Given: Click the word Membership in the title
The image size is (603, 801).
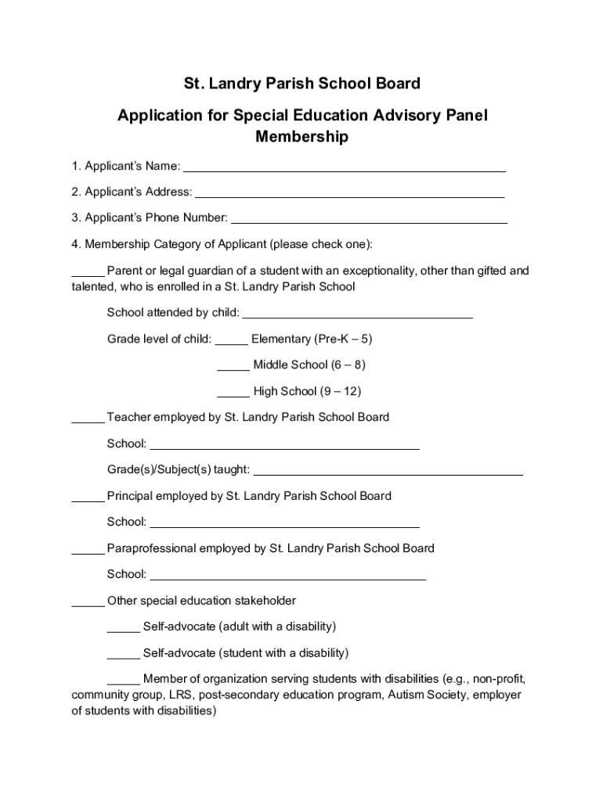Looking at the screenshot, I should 301,138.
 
